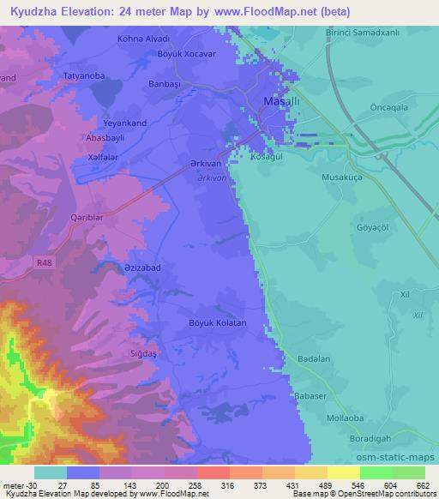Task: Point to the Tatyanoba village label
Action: click(84, 76)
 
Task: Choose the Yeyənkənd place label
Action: click(125, 123)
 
